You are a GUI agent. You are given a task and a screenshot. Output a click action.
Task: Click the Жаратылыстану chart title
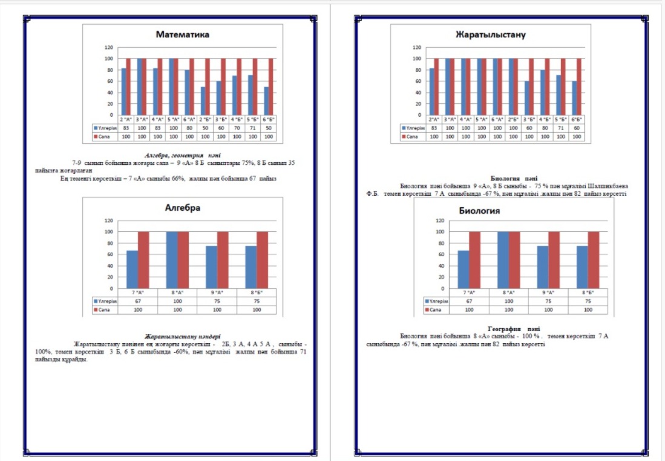coord(490,34)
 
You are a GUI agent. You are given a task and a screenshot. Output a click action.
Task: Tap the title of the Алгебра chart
coord(183,208)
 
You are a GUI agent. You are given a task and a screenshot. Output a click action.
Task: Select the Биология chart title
coord(479,211)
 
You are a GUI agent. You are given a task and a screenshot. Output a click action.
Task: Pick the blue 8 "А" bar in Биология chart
coord(503,260)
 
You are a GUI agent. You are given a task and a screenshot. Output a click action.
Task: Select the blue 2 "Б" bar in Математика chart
coord(203,101)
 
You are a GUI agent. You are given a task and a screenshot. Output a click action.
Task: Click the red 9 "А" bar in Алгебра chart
coord(223,260)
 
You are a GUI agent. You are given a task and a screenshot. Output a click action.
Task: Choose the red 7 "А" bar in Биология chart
coord(475,260)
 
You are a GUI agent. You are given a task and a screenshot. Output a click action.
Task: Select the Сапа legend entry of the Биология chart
coord(434,309)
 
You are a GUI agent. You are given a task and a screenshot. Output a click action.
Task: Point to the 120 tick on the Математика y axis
coord(109,47)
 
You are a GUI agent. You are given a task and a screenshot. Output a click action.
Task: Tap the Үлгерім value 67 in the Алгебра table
coord(137,300)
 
